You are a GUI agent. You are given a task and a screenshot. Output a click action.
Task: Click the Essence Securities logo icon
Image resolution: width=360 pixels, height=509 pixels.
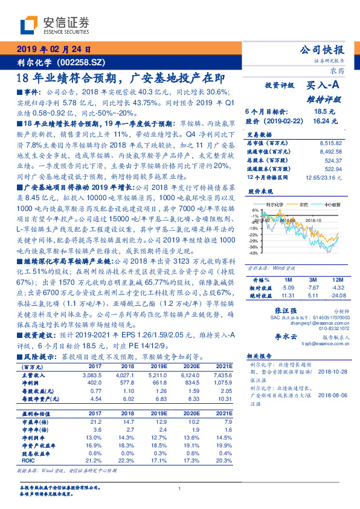(x=28, y=26)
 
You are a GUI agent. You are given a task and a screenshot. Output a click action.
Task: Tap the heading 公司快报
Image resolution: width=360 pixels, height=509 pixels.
(x=321, y=50)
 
